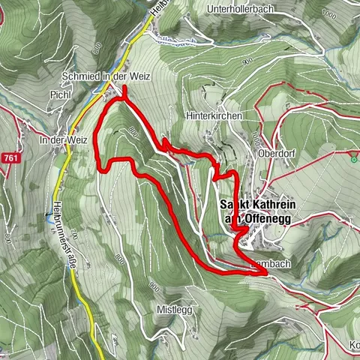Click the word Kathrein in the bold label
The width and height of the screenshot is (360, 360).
(x=268, y=204)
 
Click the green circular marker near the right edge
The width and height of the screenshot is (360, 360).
(x=353, y=158)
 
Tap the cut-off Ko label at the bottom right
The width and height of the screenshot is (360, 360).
(x=354, y=345)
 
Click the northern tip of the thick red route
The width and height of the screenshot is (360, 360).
(x=124, y=88)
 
